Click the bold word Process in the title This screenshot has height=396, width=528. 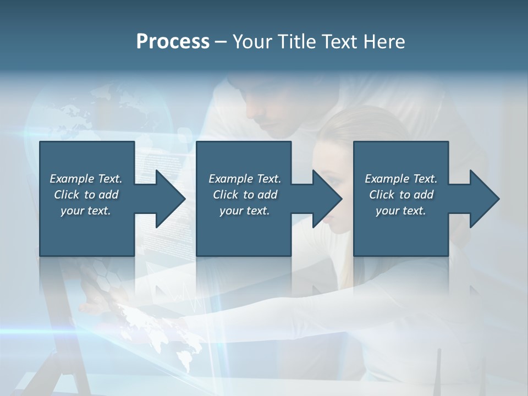click(173, 42)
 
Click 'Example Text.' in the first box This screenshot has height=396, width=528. click(86, 179)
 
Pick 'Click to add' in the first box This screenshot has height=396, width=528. click(86, 195)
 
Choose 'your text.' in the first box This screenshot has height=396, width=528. click(86, 211)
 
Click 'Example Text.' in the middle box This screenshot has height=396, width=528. click(245, 179)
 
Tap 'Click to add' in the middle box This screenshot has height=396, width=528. click(245, 195)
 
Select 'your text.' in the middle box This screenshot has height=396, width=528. click(245, 211)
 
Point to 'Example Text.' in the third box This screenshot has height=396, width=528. click(401, 179)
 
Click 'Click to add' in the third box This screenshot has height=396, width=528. click(401, 195)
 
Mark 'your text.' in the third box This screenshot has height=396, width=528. click(401, 211)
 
